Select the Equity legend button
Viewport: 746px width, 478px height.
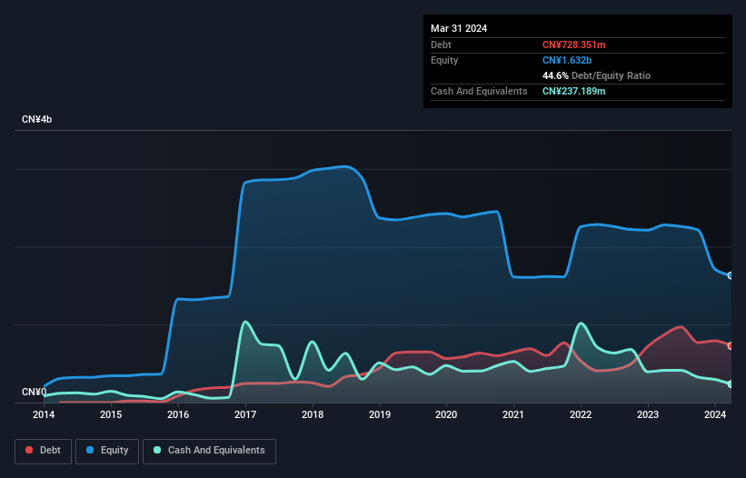[108, 450]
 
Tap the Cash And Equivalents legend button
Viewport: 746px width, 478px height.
[209, 450]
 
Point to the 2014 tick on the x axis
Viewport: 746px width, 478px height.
[44, 415]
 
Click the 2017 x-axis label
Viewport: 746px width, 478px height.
[245, 415]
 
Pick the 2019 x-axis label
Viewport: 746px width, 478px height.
[380, 415]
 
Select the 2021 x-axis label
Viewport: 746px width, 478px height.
[514, 415]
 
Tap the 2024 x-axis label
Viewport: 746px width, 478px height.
[715, 415]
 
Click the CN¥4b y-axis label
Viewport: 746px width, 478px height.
[37, 120]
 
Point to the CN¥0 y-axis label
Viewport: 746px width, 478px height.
[34, 393]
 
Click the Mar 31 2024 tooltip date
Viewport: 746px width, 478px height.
[459, 28]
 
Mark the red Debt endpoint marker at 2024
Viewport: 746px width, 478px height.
[731, 345]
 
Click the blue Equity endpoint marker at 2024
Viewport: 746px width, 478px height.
[731, 274]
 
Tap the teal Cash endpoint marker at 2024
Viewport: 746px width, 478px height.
[731, 384]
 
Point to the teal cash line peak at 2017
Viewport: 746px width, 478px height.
[245, 322]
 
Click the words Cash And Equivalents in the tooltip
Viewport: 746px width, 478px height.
[479, 91]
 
